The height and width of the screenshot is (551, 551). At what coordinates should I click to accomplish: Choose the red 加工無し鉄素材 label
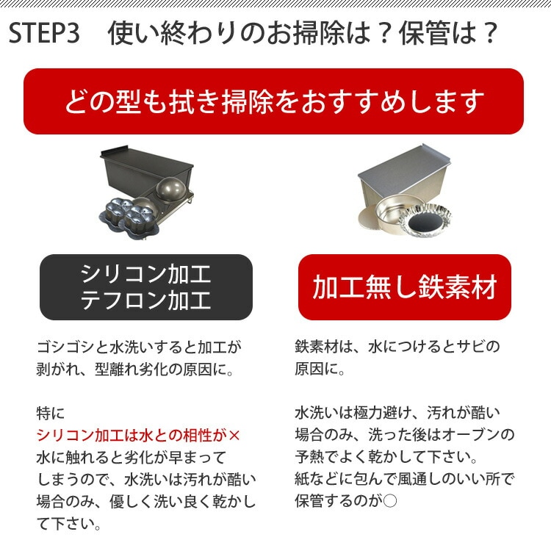click(404, 288)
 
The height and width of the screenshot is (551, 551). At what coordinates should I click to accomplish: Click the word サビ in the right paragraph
click(462, 347)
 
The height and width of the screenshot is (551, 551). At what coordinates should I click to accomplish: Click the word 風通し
click(422, 478)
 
